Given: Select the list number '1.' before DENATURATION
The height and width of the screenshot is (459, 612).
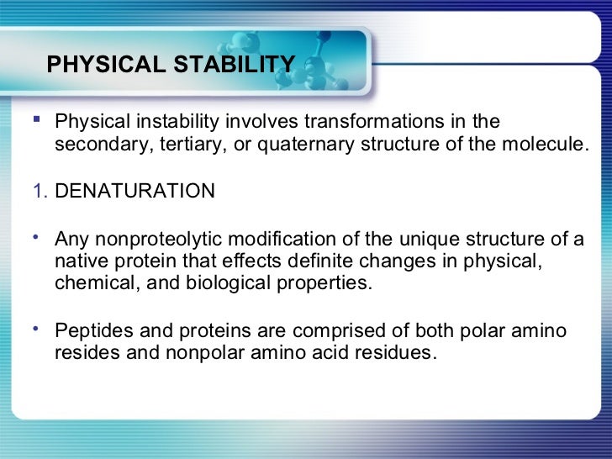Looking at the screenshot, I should pyautogui.click(x=40, y=191).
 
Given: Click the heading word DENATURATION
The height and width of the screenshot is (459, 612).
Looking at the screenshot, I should pyautogui.click(x=135, y=191).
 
